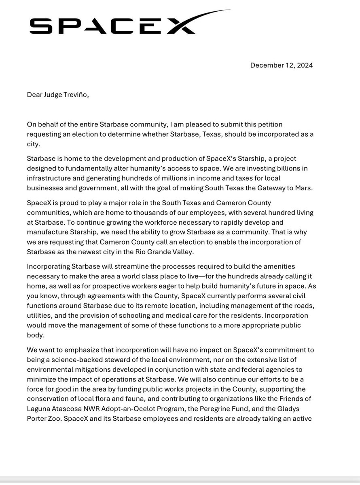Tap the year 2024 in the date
[304, 65]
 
